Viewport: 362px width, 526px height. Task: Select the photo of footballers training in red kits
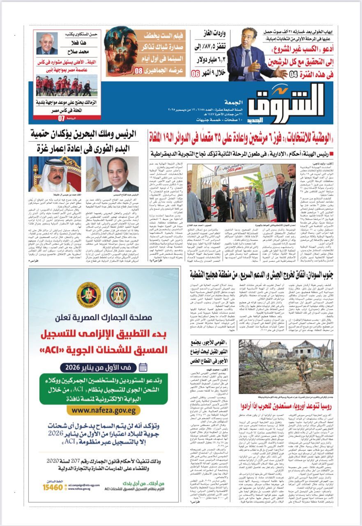coord(66,85)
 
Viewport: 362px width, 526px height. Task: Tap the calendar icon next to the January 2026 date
coord(144,367)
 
